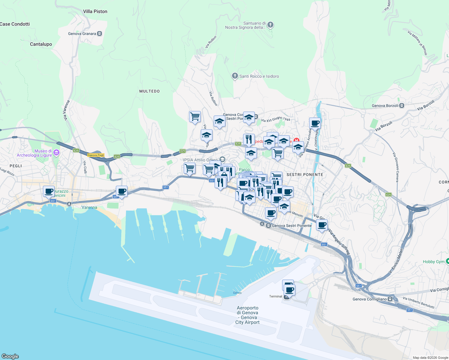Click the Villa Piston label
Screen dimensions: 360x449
95,11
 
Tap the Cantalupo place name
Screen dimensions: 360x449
41,44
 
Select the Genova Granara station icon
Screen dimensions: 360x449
100,34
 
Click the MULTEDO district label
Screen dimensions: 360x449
149,91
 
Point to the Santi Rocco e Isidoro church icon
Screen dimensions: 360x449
235,76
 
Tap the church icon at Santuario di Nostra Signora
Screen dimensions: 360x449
270,25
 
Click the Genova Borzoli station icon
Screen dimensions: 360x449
402,106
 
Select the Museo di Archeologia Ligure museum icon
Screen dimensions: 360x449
56,153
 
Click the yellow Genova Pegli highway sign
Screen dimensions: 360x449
96,155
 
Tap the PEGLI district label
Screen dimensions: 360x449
16,166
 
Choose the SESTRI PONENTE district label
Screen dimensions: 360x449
305,175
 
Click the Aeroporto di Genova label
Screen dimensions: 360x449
248,315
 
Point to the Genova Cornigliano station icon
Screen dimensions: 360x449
390,299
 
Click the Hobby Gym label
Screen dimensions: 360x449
433,262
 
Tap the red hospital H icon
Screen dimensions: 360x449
297,140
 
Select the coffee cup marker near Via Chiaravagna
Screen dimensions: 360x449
315,123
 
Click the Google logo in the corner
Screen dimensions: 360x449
10,356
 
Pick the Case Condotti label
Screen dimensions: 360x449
15,24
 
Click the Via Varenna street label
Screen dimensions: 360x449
66,110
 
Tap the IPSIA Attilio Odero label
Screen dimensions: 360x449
200,160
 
